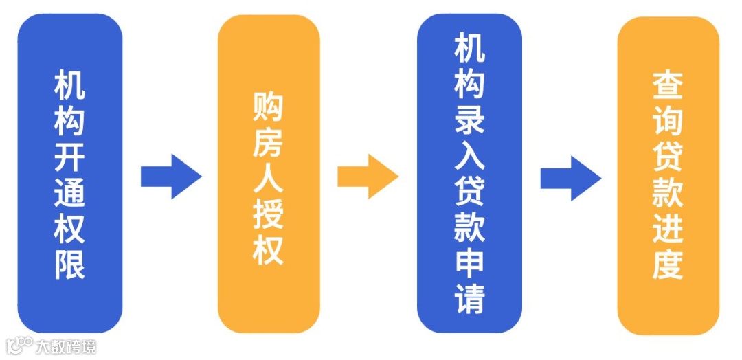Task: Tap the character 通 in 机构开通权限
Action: (69, 193)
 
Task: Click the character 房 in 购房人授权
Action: (268, 144)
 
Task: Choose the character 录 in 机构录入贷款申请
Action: (469, 118)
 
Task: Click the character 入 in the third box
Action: (469, 155)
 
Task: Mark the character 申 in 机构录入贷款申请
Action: (469, 263)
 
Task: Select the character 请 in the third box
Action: (469, 299)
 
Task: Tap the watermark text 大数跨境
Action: (67, 346)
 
